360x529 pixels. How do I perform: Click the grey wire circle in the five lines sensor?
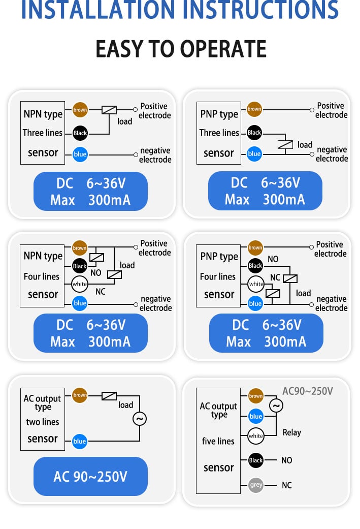pyautogui.click(x=256, y=485)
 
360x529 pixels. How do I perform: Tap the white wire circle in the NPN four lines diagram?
pyautogui.click(x=80, y=284)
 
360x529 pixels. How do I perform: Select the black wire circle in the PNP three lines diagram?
pyautogui.click(x=254, y=133)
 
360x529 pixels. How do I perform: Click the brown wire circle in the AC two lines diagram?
pyautogui.click(x=80, y=395)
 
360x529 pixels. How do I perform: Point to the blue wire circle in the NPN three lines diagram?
pyautogui.click(x=80, y=154)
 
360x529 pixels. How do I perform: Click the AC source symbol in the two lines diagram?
pyautogui.click(x=139, y=419)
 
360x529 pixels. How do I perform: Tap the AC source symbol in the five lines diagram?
pyautogui.click(x=276, y=406)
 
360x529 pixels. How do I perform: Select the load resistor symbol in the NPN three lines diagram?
pyautogui.click(x=109, y=110)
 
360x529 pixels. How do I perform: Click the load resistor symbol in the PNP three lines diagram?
pyautogui.click(x=285, y=144)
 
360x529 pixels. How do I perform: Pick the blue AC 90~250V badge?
pyautogui.click(x=90, y=476)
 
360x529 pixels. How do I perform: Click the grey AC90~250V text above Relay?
pyautogui.click(x=307, y=391)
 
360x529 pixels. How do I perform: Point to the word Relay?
pyautogui.click(x=291, y=432)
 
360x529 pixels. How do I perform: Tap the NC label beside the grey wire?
pyautogui.click(x=286, y=485)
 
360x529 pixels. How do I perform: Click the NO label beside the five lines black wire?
pyautogui.click(x=286, y=460)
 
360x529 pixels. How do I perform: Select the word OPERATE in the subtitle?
pyautogui.click(x=223, y=49)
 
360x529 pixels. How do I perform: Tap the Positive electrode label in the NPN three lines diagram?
pyautogui.click(x=154, y=111)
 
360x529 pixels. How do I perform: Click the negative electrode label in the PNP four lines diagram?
pyautogui.click(x=332, y=303)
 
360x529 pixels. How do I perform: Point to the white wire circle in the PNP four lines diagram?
pyautogui.click(x=256, y=284)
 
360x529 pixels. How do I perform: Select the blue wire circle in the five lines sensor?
pyautogui.click(x=255, y=416)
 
